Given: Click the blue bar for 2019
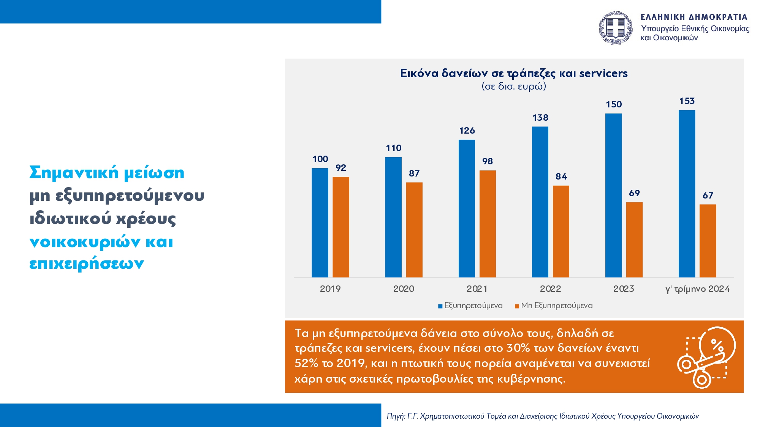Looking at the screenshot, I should pyautogui.click(x=320, y=223).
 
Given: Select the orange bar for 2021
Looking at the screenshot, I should pyautogui.click(x=488, y=224).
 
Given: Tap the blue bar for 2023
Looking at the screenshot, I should pyautogui.click(x=613, y=195).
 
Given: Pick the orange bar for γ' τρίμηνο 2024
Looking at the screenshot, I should pyautogui.click(x=708, y=241).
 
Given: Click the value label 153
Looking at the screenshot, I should pyautogui.click(x=687, y=101).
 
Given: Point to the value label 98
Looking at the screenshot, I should pyautogui.click(x=488, y=161).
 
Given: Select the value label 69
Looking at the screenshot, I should pyautogui.click(x=634, y=193).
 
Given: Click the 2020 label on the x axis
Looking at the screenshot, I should pyautogui.click(x=404, y=289).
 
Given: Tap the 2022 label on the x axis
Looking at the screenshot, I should pyautogui.click(x=550, y=289).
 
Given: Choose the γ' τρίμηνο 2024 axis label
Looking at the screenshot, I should pyautogui.click(x=697, y=289).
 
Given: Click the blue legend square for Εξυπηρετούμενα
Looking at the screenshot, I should pyautogui.click(x=440, y=306).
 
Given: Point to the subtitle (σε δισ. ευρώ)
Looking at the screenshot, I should pyautogui.click(x=514, y=86).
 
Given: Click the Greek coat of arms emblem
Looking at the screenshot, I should pyautogui.click(x=616, y=28).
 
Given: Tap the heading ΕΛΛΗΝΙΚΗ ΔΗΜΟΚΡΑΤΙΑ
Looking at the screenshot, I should pyautogui.click(x=694, y=17).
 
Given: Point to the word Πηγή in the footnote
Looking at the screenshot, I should pyautogui.click(x=395, y=416).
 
